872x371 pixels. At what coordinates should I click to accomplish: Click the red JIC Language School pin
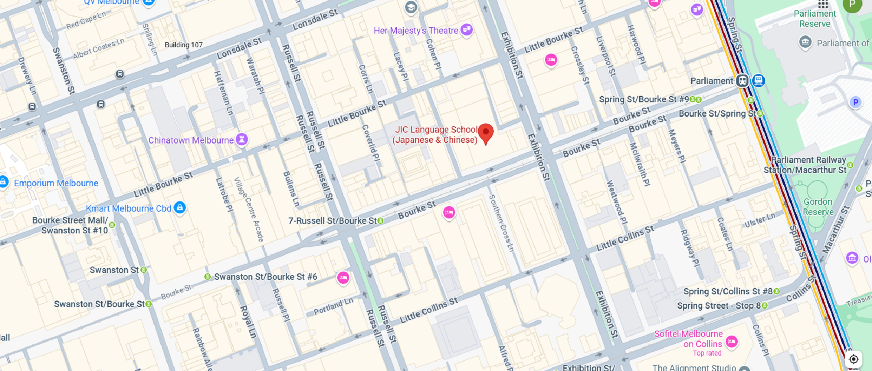click(486, 133)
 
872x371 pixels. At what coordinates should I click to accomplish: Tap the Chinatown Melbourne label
click(191, 140)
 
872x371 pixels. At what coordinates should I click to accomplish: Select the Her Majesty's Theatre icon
click(466, 30)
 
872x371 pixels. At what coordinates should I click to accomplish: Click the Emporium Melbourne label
click(56, 183)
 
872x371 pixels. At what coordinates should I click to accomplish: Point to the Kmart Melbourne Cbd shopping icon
click(180, 208)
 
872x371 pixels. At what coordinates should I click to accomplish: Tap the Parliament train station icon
click(742, 81)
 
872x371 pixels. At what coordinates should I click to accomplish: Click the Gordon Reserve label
click(818, 207)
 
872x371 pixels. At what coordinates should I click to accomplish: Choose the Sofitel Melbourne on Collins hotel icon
click(731, 341)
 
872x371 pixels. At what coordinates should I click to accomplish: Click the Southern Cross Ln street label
click(501, 223)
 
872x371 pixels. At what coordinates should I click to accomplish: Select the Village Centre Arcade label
click(249, 209)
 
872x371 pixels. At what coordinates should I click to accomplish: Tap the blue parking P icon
click(856, 102)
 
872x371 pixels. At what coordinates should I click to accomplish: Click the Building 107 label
click(183, 45)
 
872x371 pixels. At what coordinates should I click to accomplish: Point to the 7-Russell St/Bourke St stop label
click(332, 221)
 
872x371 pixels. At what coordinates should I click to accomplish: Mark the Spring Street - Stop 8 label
click(718, 306)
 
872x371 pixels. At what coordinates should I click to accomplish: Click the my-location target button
click(854, 359)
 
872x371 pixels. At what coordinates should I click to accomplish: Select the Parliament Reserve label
click(815, 19)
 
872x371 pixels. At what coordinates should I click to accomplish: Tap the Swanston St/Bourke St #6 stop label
click(265, 277)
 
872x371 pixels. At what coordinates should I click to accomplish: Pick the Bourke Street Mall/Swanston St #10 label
click(70, 225)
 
